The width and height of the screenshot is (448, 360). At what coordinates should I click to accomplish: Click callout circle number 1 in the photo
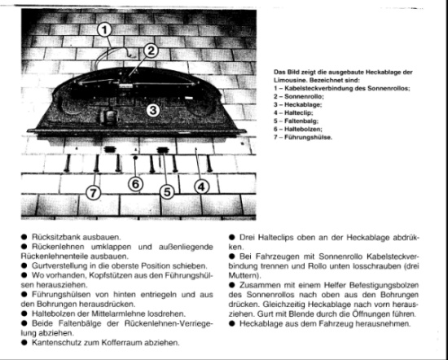click(x=104, y=30)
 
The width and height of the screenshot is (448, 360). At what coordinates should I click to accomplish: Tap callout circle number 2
click(x=151, y=50)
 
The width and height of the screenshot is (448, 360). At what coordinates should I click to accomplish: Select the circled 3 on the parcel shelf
click(x=153, y=110)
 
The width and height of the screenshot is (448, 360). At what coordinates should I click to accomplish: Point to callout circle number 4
click(x=201, y=187)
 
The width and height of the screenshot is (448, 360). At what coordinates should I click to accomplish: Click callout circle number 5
click(x=167, y=191)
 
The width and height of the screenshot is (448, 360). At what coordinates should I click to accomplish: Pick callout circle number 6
click(x=135, y=184)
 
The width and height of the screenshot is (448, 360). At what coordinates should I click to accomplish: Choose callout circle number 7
click(x=94, y=193)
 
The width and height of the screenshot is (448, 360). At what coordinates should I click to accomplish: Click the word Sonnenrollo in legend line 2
click(x=304, y=96)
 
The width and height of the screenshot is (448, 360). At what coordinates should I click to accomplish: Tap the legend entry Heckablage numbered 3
click(x=303, y=104)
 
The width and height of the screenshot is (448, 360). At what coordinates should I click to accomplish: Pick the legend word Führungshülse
click(x=308, y=138)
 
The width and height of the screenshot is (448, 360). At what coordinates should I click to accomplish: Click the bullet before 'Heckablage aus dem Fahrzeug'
click(x=231, y=323)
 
